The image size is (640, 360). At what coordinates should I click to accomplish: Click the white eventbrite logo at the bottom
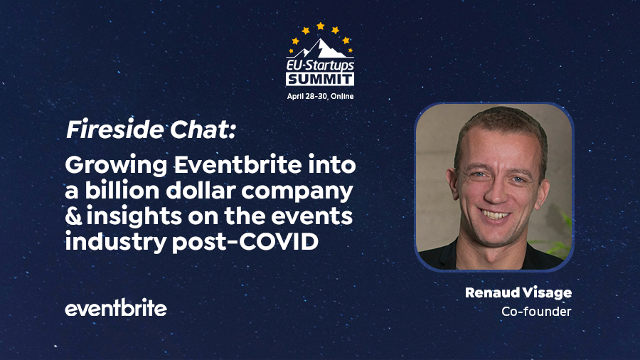(116, 308)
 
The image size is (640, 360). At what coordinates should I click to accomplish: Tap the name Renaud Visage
(518, 293)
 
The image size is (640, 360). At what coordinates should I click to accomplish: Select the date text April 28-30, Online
(320, 95)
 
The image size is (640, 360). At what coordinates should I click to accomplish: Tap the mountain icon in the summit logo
(320, 48)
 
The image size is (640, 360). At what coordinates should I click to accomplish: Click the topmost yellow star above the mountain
(320, 26)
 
